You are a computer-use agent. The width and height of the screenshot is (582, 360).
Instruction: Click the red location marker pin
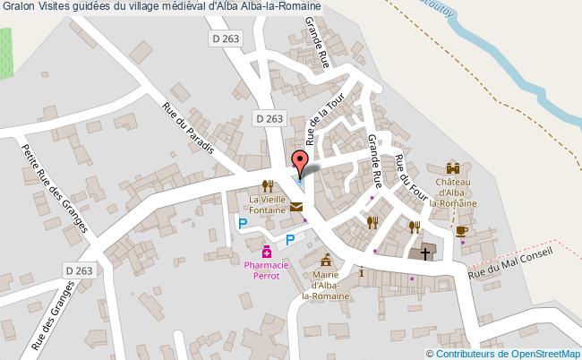301,162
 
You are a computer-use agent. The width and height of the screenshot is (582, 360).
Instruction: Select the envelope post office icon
296,208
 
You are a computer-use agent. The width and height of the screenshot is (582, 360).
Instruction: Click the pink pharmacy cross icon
266,252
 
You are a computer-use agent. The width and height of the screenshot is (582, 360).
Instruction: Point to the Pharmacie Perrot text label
267,270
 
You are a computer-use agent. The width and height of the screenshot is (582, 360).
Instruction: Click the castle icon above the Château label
454,167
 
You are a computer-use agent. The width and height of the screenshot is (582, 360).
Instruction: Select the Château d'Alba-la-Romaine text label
454,192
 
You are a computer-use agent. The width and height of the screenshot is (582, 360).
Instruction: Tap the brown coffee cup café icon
461,230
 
